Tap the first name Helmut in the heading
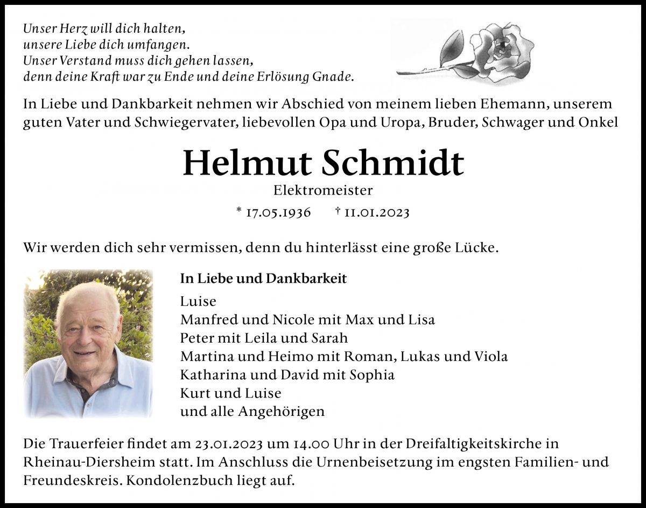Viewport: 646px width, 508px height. (247, 163)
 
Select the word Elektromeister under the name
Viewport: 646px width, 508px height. (323, 190)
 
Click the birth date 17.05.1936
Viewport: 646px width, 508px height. (278, 212)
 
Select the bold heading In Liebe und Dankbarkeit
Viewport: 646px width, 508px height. (263, 279)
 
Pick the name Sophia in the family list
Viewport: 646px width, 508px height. (372, 374)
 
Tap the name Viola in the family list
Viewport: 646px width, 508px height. (490, 356)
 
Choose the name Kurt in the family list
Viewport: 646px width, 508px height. (195, 393)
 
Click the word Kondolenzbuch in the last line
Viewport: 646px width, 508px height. (172, 481)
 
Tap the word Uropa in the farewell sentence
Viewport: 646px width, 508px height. (406, 122)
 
